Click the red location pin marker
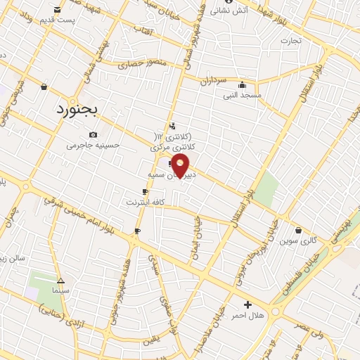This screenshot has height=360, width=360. (181, 167)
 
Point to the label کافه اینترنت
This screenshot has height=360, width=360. (144, 202)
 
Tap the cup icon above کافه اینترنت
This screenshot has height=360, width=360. (145, 191)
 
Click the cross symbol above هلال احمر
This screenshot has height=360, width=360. (247, 304)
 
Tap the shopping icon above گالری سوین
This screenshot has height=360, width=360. (299, 230)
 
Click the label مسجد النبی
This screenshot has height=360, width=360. (242, 94)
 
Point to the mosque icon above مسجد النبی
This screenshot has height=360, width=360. (242, 83)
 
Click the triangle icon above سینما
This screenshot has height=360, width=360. (60, 279)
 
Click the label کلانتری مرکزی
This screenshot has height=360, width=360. (172, 147)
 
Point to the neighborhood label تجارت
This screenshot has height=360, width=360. (290, 40)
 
